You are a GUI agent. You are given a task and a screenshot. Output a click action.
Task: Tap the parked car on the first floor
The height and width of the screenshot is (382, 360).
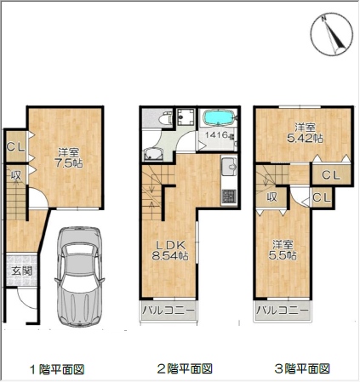pos(80,277)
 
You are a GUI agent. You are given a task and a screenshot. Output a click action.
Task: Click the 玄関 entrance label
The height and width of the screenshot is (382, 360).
pos(22,271)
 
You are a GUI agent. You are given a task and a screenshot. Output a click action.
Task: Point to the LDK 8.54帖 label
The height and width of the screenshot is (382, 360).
pos(170,250)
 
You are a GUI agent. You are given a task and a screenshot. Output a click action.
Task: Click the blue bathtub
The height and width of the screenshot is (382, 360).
pos(218,117)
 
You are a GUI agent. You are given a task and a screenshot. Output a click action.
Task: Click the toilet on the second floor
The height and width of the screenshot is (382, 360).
pos(164,118)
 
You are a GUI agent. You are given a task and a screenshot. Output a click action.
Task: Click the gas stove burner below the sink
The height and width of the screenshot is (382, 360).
pos(229,197)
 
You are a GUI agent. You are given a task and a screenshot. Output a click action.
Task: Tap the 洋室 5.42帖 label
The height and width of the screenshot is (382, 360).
pos(305,133)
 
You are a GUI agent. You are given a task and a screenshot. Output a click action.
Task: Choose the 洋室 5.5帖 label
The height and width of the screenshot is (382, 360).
pos(283,250)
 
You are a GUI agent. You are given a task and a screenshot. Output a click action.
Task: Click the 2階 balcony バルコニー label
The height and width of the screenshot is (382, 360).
pos(169,310)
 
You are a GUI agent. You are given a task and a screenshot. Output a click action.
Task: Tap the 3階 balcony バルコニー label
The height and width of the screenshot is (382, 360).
pos(282,310)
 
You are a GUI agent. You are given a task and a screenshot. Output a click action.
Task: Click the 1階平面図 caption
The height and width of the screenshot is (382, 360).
pos(57,369)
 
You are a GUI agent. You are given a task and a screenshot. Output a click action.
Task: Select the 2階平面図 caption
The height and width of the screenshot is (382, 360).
pos(185,369)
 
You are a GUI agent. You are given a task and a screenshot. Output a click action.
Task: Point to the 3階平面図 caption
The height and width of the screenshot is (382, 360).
pos(302,369)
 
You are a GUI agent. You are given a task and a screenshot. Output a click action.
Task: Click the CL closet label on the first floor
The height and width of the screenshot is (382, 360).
pos(15,147)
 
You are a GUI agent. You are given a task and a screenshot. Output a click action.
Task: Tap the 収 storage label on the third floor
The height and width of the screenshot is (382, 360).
pos(271,197)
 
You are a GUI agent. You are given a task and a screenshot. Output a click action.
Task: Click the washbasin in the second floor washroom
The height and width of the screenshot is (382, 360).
pos(153,154)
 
